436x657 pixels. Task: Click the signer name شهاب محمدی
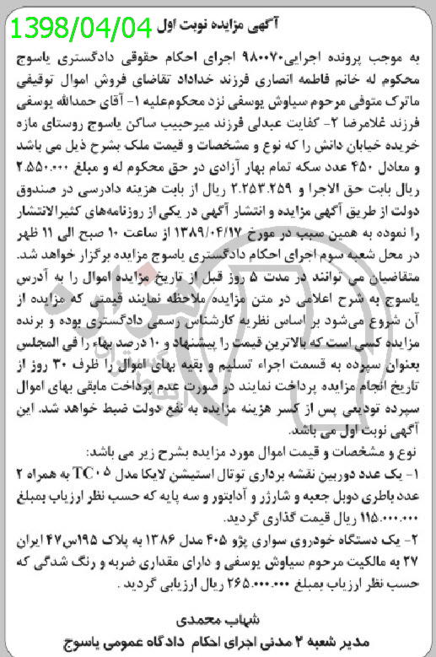pos(221,619)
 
